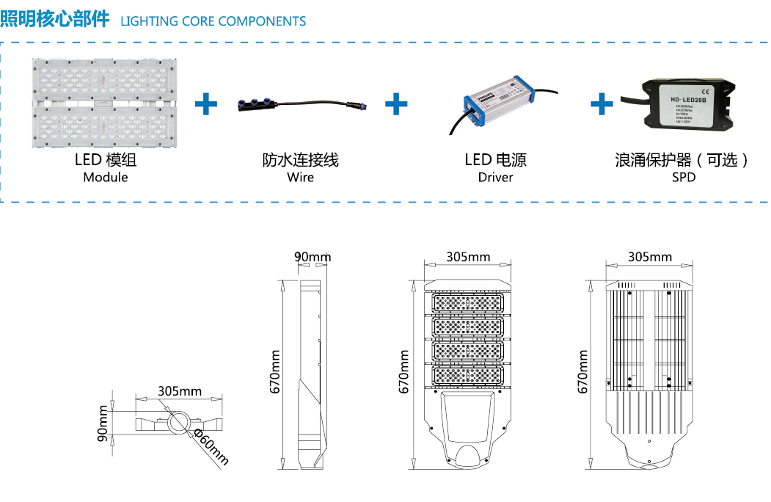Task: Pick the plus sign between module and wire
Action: tap(206, 104)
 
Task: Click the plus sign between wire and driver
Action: tap(396, 104)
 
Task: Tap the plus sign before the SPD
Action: tap(602, 104)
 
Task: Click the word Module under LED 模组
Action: tap(105, 178)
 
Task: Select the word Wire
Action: tap(300, 178)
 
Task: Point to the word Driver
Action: tap(495, 178)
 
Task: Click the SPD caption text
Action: tap(683, 178)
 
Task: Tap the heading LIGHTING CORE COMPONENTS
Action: tap(213, 21)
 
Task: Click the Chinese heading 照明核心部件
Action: tap(56, 20)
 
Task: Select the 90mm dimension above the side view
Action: tap(313, 257)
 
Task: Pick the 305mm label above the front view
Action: tap(468, 257)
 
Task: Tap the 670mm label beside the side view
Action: tap(276, 372)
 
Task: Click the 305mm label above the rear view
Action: tap(649, 257)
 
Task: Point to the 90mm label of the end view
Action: tap(103, 424)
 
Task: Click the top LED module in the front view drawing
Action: tap(467, 303)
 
